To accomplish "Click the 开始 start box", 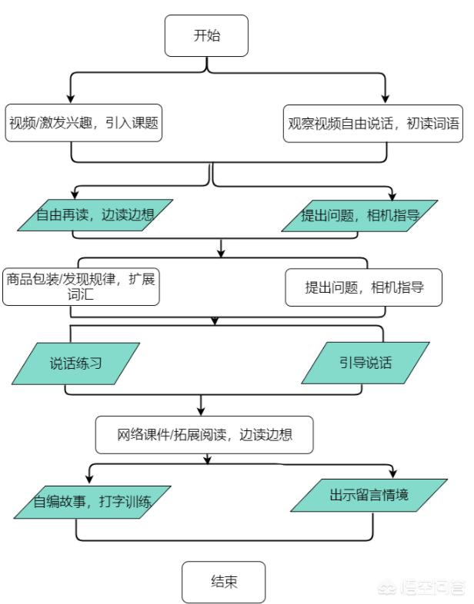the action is [x=206, y=36].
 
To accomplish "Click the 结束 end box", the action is [x=224, y=582].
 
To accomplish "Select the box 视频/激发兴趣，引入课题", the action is [x=83, y=123].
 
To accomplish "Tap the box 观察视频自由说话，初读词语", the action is [x=373, y=124].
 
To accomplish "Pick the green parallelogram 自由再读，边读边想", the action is [x=95, y=215].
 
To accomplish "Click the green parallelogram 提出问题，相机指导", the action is [x=359, y=216].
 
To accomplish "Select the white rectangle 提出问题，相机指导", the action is [x=364, y=287].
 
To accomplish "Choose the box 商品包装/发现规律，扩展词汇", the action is [x=81, y=287].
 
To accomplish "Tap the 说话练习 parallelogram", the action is [x=75, y=363].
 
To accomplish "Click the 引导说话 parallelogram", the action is [x=366, y=363].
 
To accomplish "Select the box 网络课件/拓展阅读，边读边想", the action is [x=205, y=435].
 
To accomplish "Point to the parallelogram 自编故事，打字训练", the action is [x=92, y=502].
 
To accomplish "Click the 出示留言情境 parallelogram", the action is [x=369, y=496].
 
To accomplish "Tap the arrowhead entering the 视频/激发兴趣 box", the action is [x=71, y=98].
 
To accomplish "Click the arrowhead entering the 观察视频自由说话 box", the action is [x=385, y=98].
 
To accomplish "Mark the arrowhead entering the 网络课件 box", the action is [x=201, y=410].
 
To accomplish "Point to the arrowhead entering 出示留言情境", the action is [x=393, y=473].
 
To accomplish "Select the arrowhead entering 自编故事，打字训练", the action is [x=89, y=479].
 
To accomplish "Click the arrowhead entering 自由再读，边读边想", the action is [x=75, y=194].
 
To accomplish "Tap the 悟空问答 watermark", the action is [x=422, y=588].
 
